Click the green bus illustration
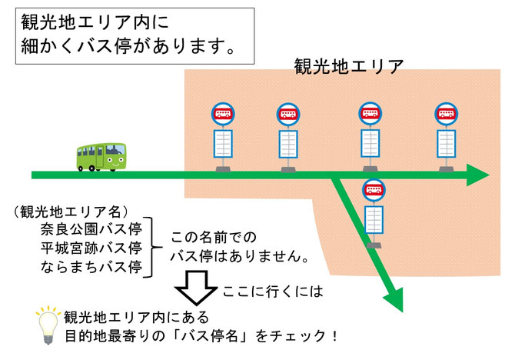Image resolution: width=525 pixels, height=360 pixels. (x=101, y=156)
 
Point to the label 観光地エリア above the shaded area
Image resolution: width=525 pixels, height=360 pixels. (x=349, y=65)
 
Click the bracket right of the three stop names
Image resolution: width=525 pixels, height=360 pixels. (x=152, y=248)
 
